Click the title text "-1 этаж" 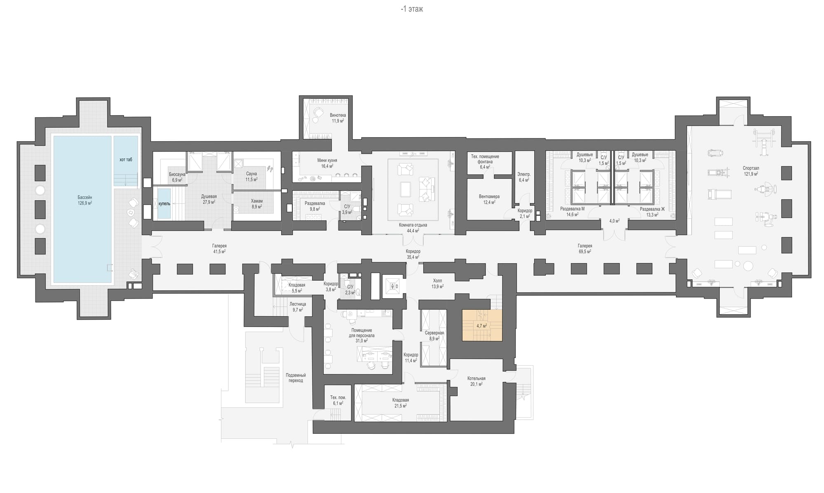click(412, 9)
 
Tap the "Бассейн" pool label click(85, 197)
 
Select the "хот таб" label click(126, 159)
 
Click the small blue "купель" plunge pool click(164, 203)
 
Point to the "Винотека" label click(338, 115)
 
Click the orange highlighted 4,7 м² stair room click(482, 325)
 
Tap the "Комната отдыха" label click(413, 225)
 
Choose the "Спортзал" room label click(751, 168)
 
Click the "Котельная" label click(476, 379)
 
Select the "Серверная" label click(434, 333)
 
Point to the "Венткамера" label click(489, 196)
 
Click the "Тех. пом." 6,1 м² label click(338, 398)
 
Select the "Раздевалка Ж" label click(652, 209)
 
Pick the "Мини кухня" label click(327, 161)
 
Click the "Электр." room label click(524, 175)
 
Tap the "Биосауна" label click(177, 175)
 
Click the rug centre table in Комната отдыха click(405, 189)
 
